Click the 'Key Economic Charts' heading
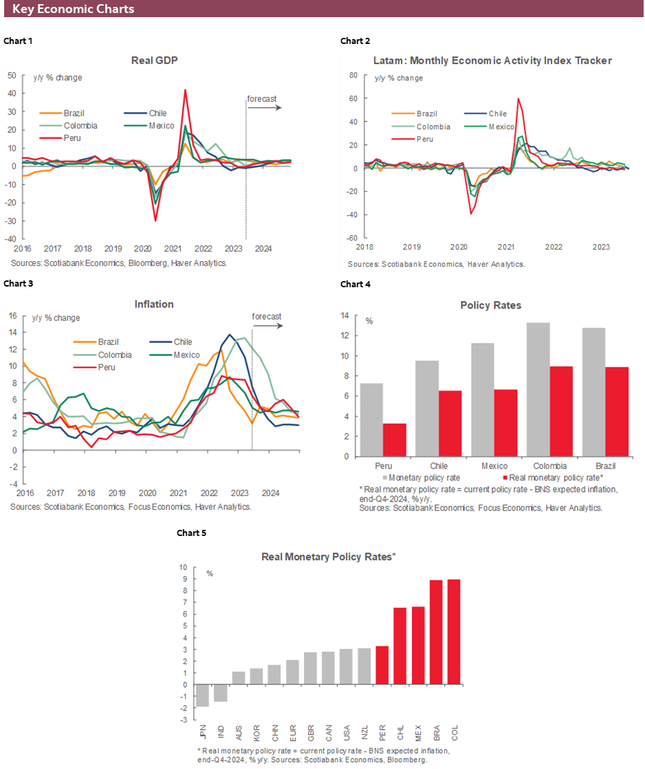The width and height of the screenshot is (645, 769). (73, 9)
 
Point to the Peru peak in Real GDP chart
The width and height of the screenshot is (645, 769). (185, 90)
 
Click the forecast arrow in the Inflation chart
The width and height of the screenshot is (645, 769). (266, 326)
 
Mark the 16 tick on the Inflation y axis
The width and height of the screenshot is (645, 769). (12, 315)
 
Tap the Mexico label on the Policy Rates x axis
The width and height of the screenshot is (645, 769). (494, 466)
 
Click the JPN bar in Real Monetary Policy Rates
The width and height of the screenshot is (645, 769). (202, 695)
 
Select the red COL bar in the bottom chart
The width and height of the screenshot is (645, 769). (455, 632)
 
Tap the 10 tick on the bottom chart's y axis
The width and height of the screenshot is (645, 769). (183, 568)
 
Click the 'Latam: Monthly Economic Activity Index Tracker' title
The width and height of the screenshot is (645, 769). (493, 60)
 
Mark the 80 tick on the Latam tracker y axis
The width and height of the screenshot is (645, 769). (353, 75)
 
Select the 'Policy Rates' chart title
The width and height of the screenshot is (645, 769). (492, 304)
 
